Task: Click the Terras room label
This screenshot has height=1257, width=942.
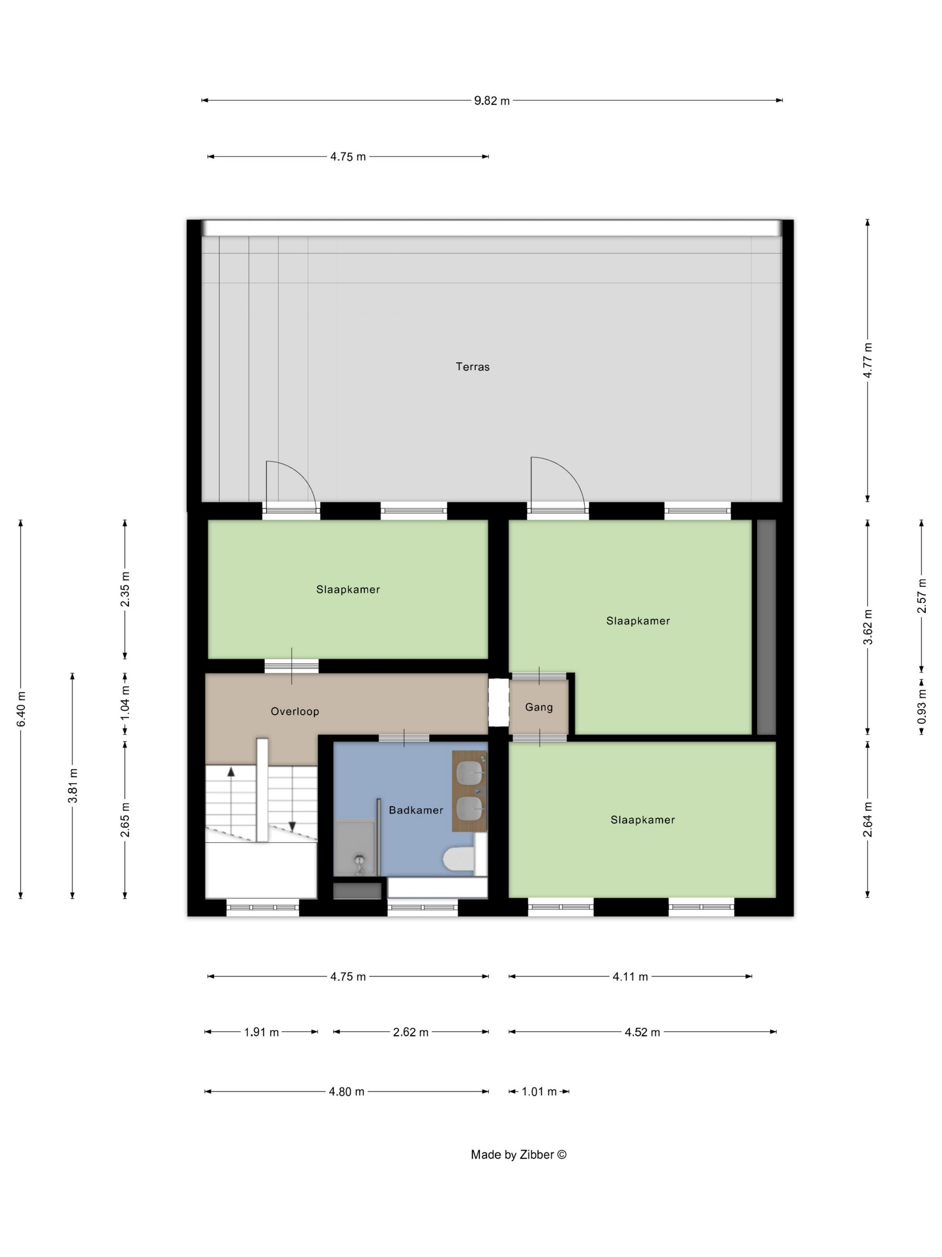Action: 472,366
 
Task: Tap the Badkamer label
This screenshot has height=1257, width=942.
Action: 416,810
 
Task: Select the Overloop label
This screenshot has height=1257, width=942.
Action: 295,711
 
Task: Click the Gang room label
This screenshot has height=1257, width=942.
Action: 539,707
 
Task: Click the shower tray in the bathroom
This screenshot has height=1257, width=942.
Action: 354,848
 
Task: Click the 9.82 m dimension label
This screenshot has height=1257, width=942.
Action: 492,101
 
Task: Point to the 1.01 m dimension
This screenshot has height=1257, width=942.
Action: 539,1091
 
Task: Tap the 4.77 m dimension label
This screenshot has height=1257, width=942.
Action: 867,360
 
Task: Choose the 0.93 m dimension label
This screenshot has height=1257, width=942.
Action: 921,706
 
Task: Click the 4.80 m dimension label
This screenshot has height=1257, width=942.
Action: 346,1091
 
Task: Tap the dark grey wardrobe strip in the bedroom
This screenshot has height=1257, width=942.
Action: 767,627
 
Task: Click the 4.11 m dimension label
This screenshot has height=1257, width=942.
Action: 630,976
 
